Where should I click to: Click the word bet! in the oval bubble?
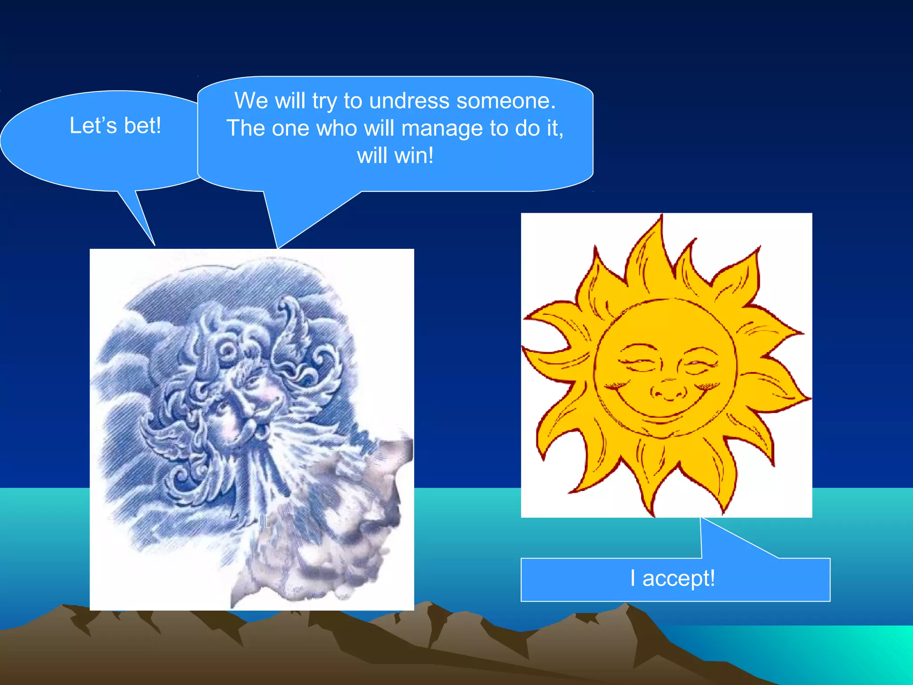142,126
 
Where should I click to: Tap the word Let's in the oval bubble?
93,126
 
